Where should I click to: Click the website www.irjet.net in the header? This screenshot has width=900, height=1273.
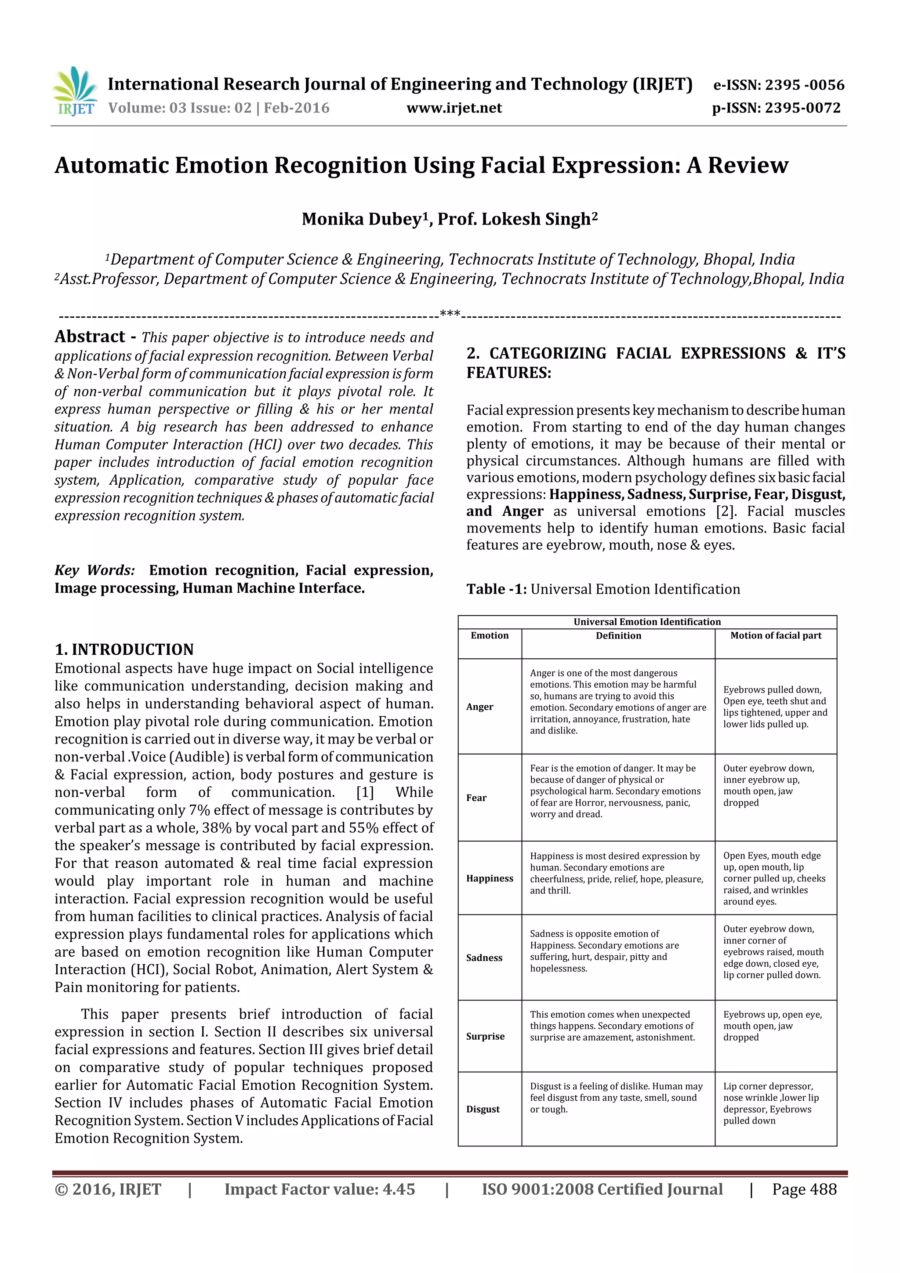point(454,108)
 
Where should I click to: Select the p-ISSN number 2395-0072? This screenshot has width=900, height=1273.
point(802,108)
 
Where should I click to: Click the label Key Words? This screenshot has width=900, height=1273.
point(94,570)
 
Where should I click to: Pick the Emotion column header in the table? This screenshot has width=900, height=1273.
point(489,635)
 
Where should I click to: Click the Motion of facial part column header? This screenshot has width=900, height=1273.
point(775,635)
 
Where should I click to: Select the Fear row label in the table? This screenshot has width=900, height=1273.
point(476,798)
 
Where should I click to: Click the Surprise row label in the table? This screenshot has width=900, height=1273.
point(485,1036)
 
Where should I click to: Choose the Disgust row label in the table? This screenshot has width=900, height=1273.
point(483,1109)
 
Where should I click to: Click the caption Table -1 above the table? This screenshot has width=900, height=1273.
point(496,589)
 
